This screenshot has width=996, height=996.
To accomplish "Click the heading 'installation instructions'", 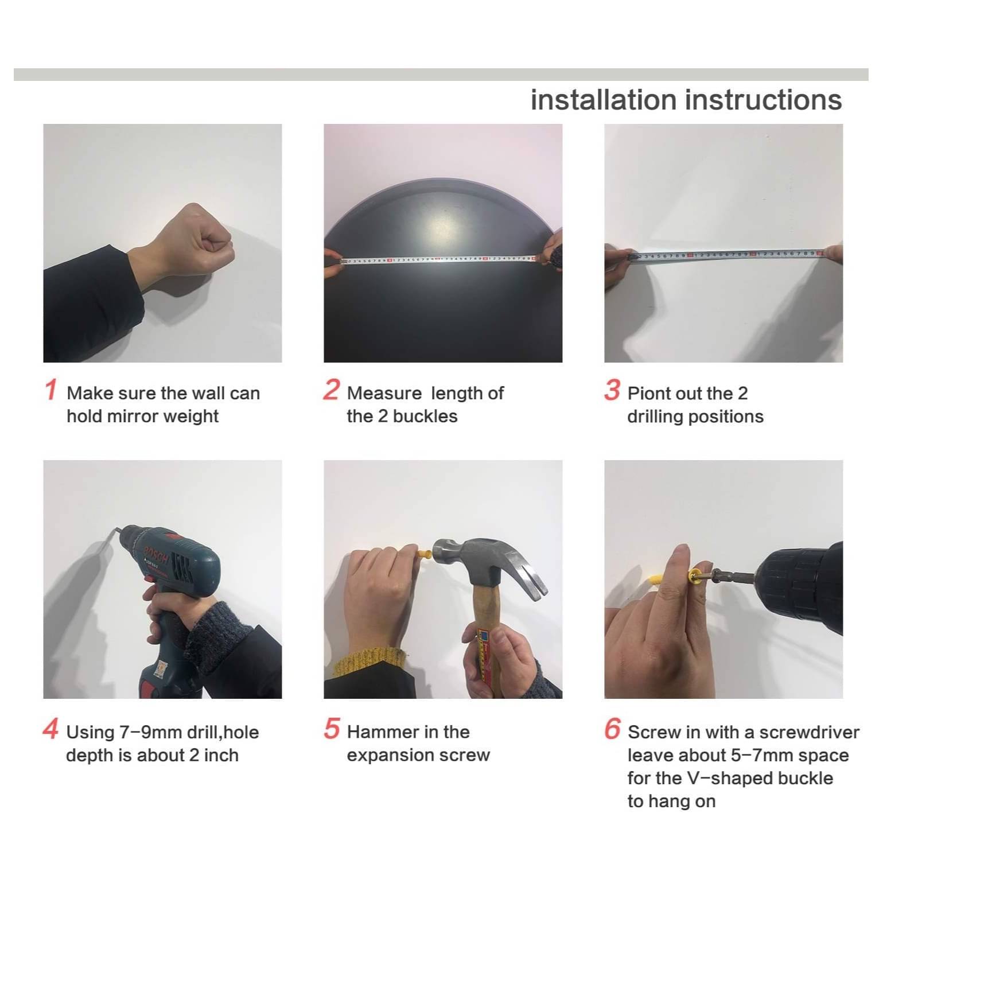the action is click(x=686, y=100).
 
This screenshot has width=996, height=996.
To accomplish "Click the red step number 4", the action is click(x=50, y=729).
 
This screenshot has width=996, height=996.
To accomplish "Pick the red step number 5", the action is click(x=332, y=729).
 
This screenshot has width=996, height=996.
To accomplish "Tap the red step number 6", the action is click(x=612, y=729).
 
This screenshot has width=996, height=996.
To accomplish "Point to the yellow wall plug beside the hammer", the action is click(x=425, y=555).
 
